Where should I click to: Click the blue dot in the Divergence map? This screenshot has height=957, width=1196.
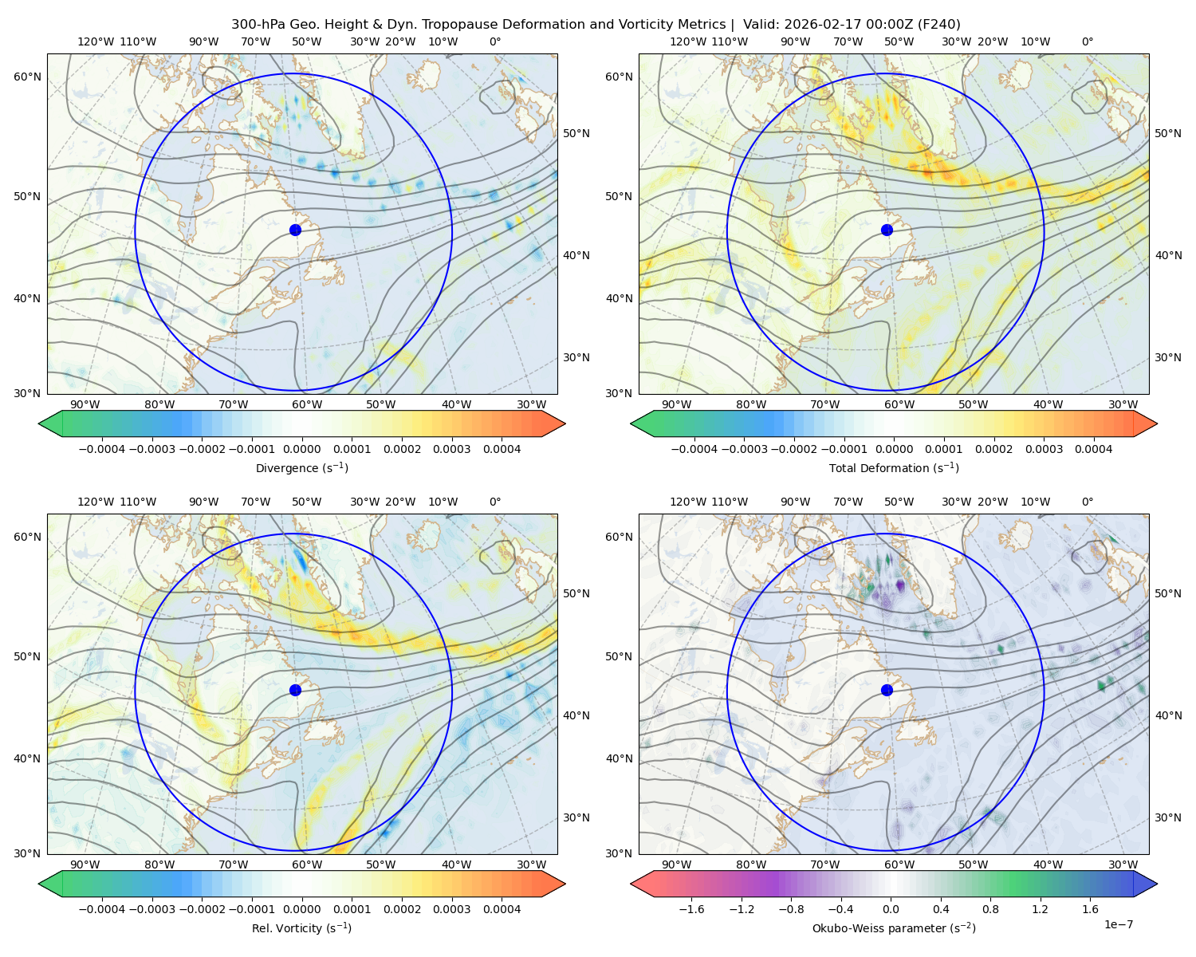point(295,230)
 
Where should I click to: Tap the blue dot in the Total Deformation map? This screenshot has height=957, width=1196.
point(887,230)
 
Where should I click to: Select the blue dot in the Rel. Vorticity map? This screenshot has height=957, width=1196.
point(295,690)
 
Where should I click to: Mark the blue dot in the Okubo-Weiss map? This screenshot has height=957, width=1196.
point(887,690)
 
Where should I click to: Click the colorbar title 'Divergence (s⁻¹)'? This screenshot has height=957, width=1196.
point(301,467)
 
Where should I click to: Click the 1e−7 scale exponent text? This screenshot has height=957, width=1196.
point(1118,924)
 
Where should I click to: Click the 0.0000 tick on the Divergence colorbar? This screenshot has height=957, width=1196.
point(301,449)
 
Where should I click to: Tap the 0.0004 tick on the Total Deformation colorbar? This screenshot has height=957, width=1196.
point(1093,449)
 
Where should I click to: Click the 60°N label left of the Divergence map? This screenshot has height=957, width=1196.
point(27,77)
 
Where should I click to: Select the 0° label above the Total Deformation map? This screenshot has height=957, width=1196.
point(1087,41)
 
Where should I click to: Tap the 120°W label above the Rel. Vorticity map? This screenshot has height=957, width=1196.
point(96,501)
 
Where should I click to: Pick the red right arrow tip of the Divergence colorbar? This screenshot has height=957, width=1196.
point(565,423)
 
